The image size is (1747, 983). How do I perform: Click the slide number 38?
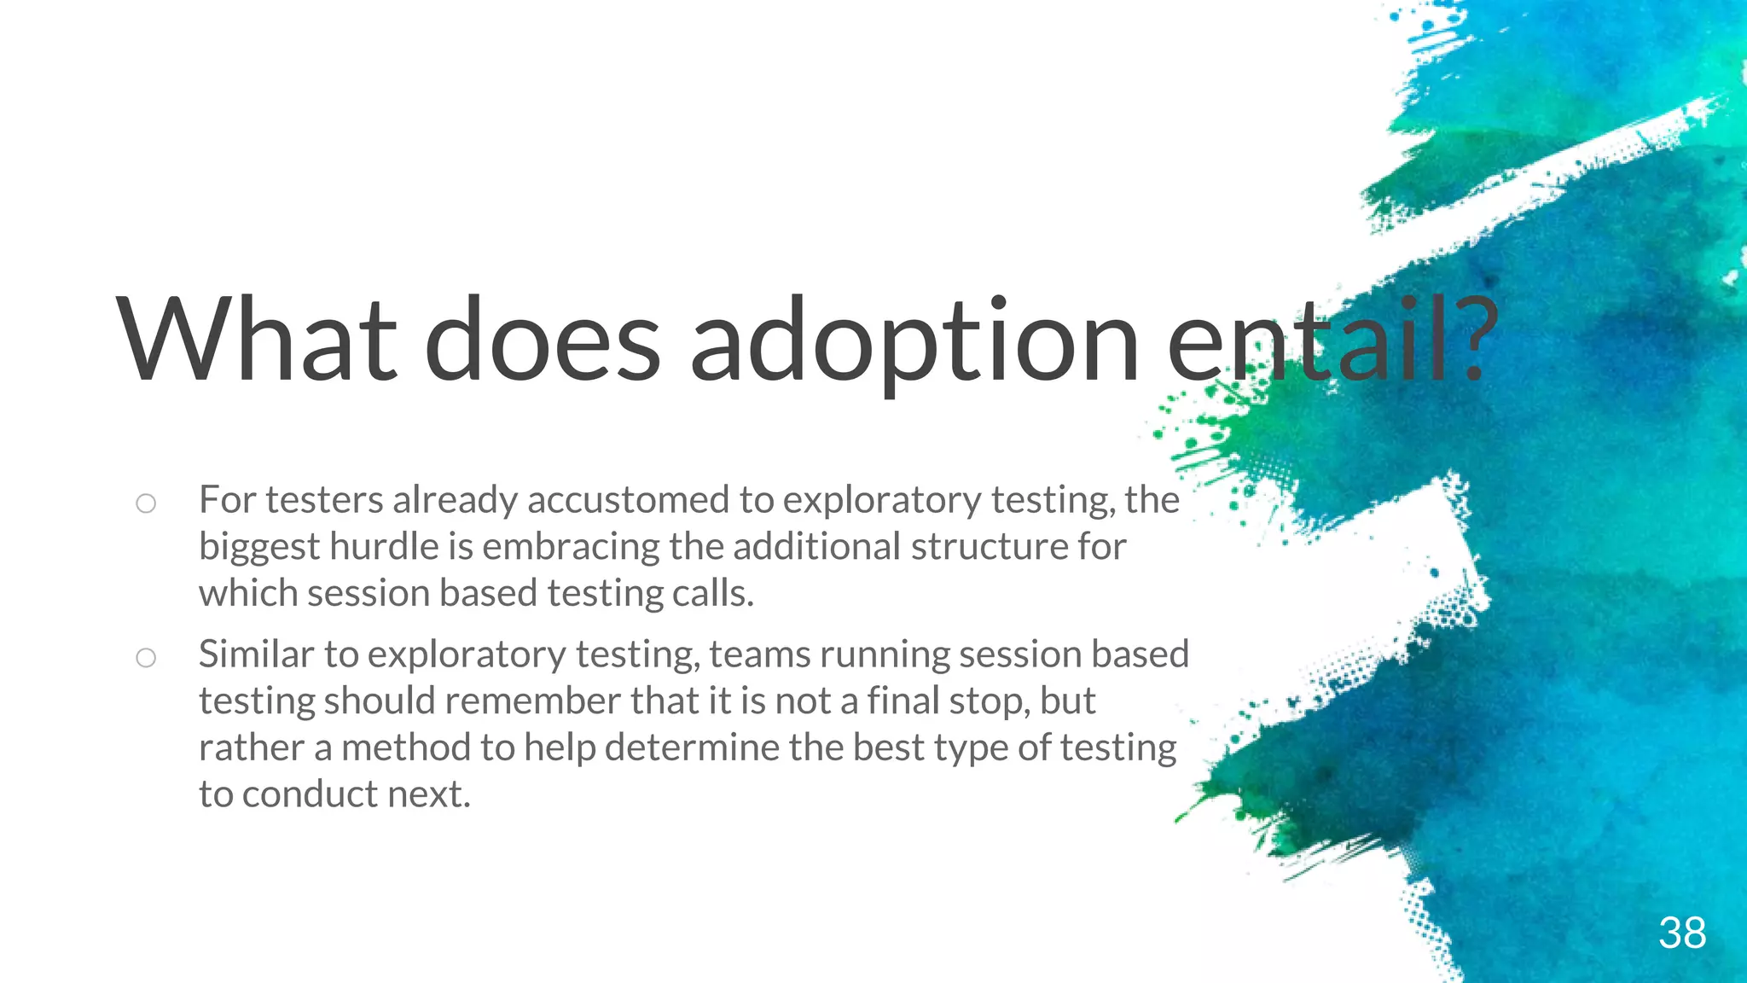[x=1682, y=933]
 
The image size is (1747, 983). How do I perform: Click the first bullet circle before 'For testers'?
[x=146, y=503]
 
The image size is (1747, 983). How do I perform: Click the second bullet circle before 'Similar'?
[x=146, y=658]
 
